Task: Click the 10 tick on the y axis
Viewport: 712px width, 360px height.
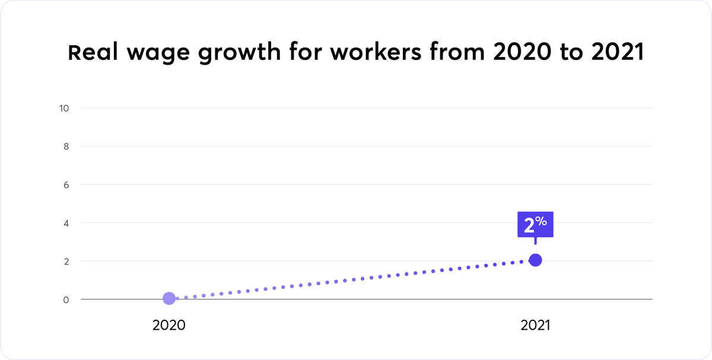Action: tap(65, 108)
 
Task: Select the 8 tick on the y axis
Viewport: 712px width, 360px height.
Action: tap(66, 146)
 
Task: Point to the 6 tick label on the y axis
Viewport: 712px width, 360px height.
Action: tap(66, 184)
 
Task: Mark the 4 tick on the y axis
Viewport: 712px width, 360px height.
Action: tap(66, 223)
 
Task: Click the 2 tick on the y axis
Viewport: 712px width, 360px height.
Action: tap(66, 261)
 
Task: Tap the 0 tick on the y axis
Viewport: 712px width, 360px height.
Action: tap(66, 300)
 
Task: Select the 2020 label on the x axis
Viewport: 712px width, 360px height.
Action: tap(169, 326)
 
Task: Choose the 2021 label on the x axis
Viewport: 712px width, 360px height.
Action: tap(535, 326)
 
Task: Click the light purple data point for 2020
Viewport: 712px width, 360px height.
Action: tap(169, 298)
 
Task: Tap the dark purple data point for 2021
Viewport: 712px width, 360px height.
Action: tap(535, 260)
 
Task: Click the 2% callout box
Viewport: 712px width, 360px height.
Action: tap(535, 225)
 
